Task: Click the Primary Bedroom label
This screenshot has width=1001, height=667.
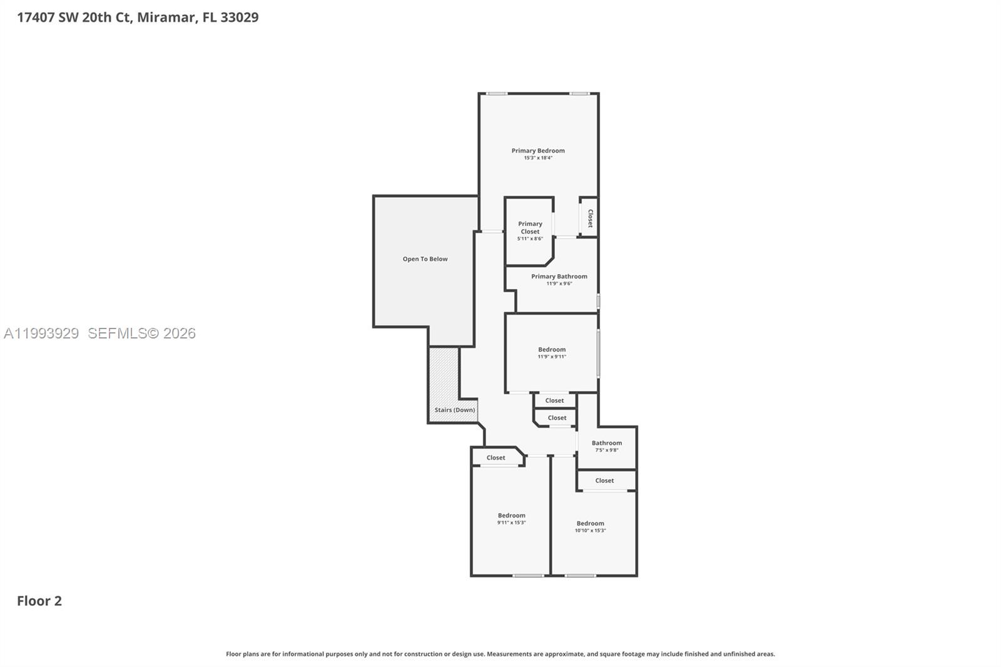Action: click(x=538, y=151)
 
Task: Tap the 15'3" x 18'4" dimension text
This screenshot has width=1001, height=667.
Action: click(x=538, y=158)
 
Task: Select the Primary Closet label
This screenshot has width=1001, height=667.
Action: click(x=530, y=227)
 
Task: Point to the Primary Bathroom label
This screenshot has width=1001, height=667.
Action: click(x=559, y=277)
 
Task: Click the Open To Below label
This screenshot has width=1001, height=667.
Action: click(x=425, y=259)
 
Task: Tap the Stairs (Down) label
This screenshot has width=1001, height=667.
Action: click(x=455, y=410)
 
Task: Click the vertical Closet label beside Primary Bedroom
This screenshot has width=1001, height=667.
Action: click(x=590, y=218)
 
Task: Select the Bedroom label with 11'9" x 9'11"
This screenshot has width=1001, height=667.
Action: click(x=552, y=350)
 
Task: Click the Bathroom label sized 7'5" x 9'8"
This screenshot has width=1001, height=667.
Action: click(x=607, y=443)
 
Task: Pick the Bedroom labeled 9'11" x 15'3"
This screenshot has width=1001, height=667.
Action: click(x=511, y=516)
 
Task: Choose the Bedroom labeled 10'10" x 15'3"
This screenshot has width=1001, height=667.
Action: click(x=590, y=524)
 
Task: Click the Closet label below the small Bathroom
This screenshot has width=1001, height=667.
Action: click(x=604, y=481)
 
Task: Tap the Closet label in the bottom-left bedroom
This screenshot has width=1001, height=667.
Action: click(x=495, y=458)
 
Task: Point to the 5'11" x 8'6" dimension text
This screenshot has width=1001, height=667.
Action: click(x=530, y=239)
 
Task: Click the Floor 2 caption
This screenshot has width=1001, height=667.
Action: click(x=39, y=601)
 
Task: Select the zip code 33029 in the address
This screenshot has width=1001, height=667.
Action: click(x=239, y=18)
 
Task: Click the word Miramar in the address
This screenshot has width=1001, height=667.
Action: click(x=166, y=18)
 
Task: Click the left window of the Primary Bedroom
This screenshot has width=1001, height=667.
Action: click(x=497, y=94)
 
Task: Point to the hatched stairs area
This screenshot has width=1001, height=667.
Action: click(x=443, y=375)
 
